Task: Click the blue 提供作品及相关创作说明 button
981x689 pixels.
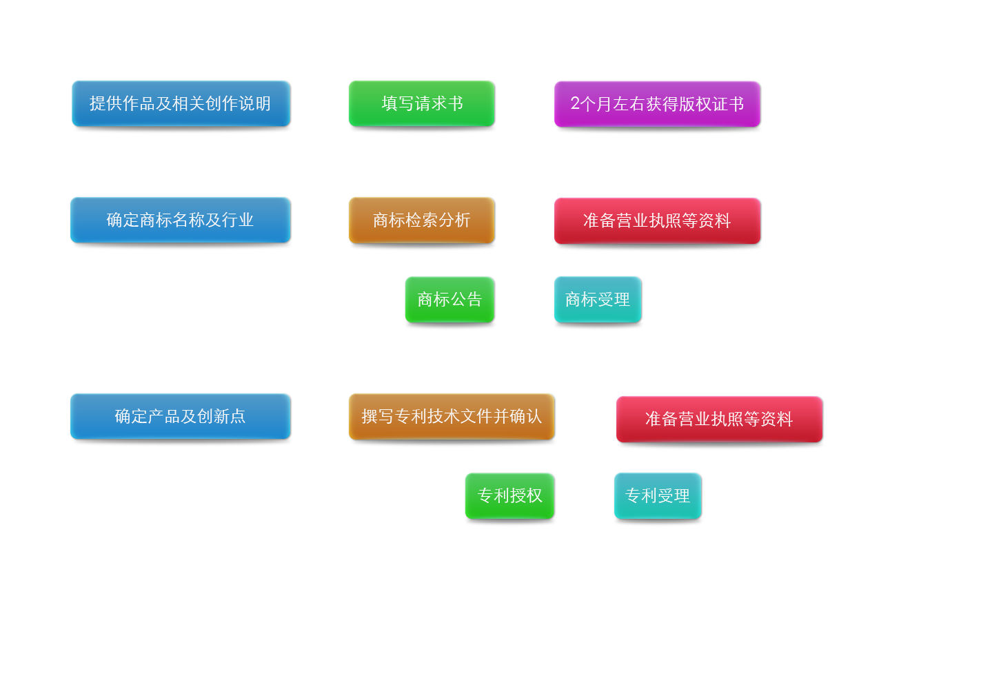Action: tap(181, 104)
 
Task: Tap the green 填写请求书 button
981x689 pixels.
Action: tap(421, 104)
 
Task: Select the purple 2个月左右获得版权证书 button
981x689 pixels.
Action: tap(656, 104)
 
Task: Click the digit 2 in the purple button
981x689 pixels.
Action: tap(575, 103)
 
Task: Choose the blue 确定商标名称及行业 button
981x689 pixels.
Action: tap(180, 220)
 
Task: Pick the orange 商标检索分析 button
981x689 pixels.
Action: tap(421, 220)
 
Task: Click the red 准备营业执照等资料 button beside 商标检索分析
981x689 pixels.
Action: tap(656, 221)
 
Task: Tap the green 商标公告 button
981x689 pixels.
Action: tap(449, 300)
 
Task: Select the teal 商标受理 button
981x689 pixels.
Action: tap(597, 300)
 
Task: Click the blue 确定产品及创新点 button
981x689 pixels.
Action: tap(180, 417)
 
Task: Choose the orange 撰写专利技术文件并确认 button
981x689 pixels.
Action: tap(452, 417)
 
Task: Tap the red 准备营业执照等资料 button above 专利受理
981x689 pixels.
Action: tap(718, 420)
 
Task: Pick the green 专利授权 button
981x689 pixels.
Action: tap(509, 496)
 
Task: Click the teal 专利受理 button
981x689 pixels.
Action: tap(657, 496)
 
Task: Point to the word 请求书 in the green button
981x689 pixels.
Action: tap(438, 104)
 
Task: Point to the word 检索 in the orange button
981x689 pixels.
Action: tap(422, 220)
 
